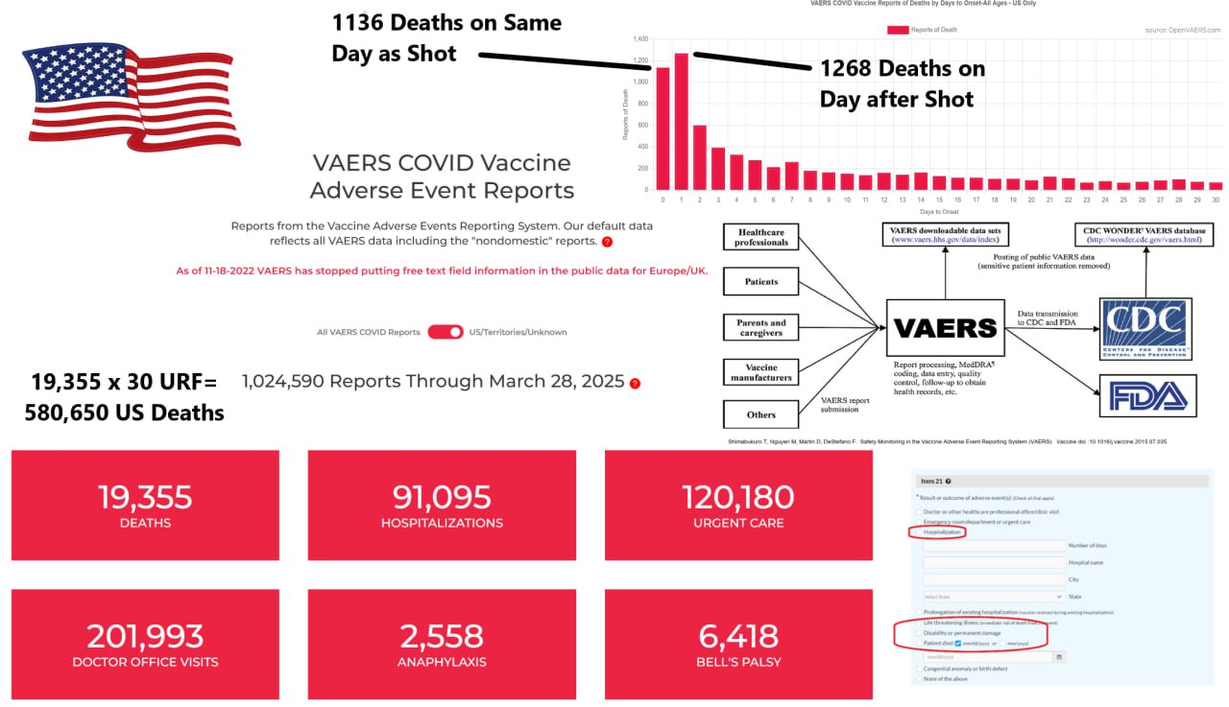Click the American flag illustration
click(132, 96)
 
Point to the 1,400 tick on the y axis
click(640, 39)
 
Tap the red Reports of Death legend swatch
click(898, 30)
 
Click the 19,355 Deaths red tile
click(145, 506)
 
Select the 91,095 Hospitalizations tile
click(442, 506)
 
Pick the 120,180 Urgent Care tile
click(738, 506)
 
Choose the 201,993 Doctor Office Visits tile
click(145, 644)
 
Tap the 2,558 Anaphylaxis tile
click(442, 644)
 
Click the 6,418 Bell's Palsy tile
click(738, 644)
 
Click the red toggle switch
click(446, 332)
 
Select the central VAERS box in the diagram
click(945, 328)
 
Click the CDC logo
click(1145, 329)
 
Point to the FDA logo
click(1148, 395)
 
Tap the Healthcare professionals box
click(761, 237)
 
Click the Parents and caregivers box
click(761, 327)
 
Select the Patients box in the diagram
click(761, 282)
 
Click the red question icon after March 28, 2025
click(635, 384)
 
